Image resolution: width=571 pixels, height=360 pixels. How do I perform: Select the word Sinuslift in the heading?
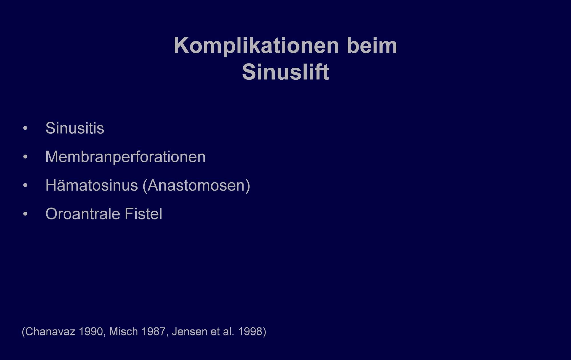tap(285, 72)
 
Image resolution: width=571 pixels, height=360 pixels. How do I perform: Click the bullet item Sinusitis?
tap(75, 128)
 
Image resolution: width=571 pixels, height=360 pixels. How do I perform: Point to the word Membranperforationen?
tap(125, 157)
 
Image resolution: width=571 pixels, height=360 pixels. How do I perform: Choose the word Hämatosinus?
tap(92, 185)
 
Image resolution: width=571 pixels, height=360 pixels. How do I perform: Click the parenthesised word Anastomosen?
tap(196, 185)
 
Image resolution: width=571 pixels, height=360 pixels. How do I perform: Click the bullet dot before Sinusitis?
tap(25, 128)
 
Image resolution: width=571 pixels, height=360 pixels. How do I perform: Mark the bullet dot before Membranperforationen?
tap(25, 157)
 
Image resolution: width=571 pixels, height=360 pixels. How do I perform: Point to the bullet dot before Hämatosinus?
tap(25, 185)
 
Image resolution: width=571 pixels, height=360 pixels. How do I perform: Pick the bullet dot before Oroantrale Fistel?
tap(25, 214)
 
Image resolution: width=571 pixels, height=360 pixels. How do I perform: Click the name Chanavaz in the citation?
tap(50, 331)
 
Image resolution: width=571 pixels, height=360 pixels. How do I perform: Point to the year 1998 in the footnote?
tap(250, 331)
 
